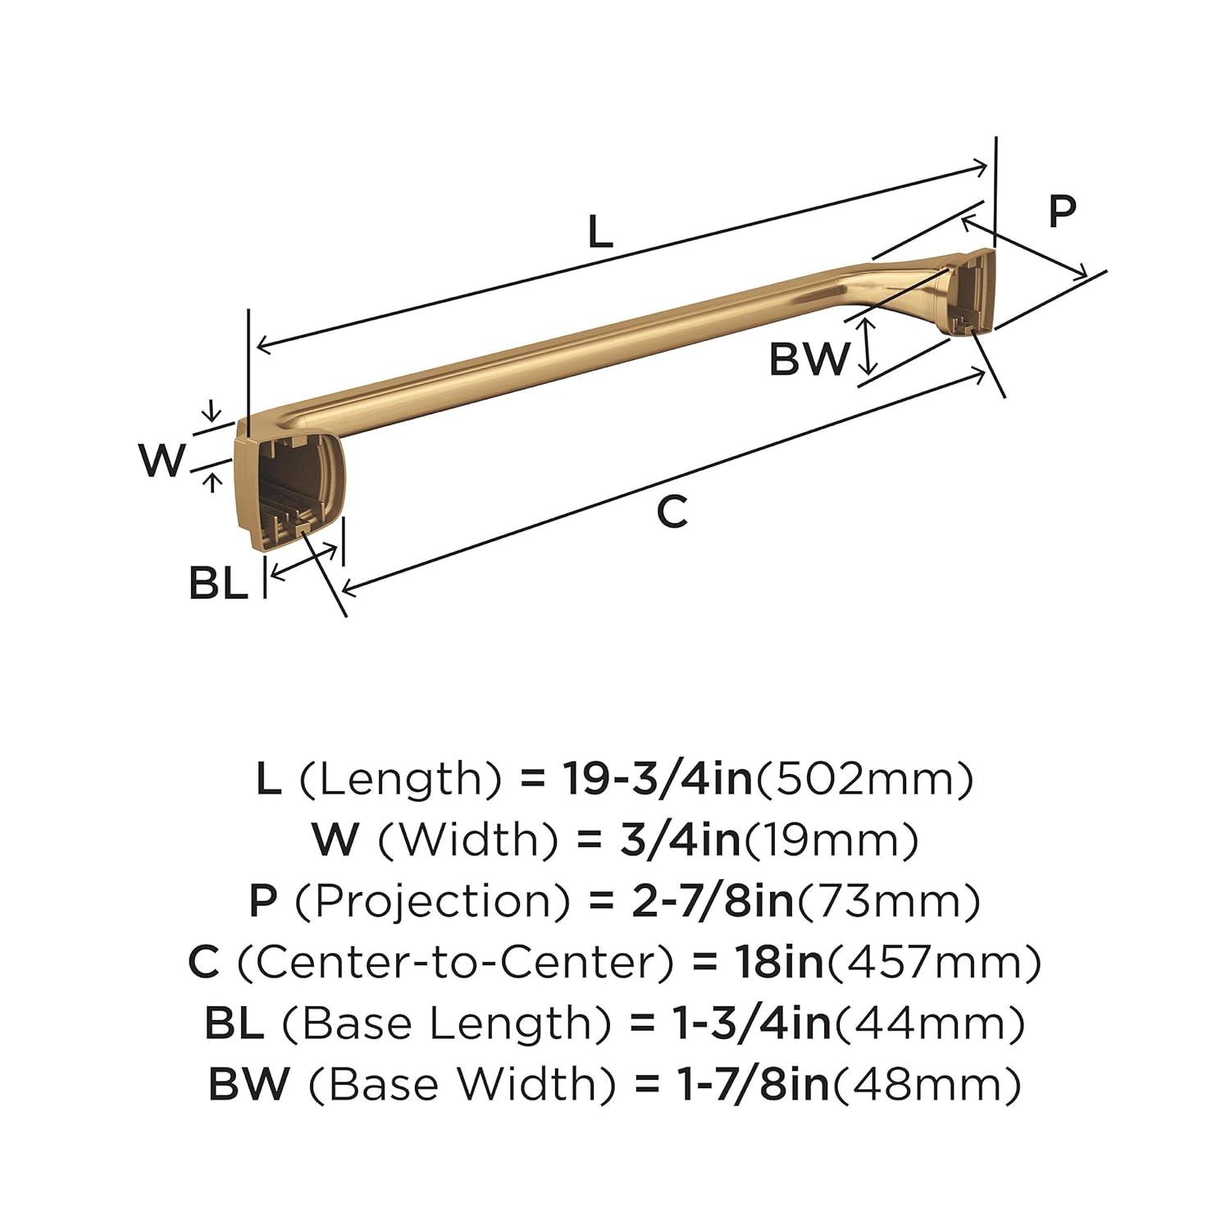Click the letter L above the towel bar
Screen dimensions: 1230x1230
600,232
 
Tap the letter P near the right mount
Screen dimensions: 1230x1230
1062,212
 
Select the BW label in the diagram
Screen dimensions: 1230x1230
809,359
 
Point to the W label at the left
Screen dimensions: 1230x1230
162,460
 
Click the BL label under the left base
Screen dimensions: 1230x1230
218,584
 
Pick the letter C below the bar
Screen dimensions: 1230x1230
672,513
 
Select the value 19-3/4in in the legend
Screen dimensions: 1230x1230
657,779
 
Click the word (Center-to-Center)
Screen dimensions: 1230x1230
456,962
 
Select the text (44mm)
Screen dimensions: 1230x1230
929,1023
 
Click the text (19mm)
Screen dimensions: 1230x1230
830,840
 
